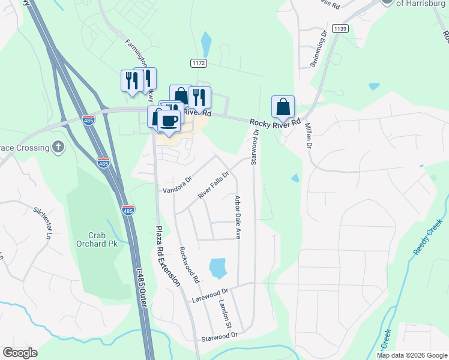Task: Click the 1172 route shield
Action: point(199,63)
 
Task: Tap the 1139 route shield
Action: point(340,28)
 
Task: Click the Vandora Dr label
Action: point(177,185)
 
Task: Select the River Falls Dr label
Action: point(214,185)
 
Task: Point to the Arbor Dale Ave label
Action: point(238,217)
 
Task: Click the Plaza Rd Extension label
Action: point(167,257)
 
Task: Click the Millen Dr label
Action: point(309,136)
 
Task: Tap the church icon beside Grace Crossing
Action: point(58,147)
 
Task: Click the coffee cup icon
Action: point(169,120)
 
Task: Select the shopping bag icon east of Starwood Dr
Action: point(283,107)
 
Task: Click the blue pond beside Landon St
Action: point(217,268)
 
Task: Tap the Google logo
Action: point(20,353)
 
